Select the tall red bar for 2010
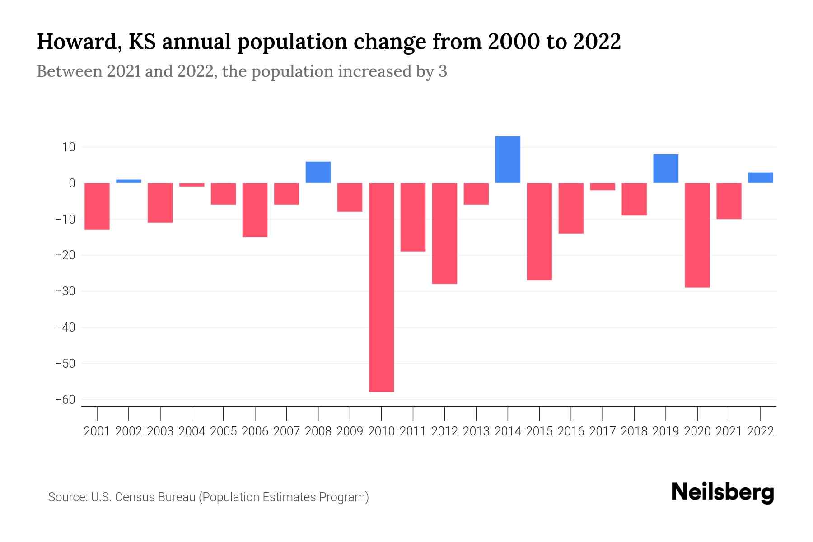click(381, 287)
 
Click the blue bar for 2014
click(508, 159)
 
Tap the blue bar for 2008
click(318, 172)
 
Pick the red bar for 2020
click(697, 235)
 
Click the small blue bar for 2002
click(129, 181)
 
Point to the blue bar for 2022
click(760, 178)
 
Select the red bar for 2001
click(97, 206)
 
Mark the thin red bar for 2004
click(192, 185)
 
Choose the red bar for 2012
click(444, 233)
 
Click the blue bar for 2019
click(665, 168)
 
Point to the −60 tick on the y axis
click(65, 400)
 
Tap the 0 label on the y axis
click(72, 183)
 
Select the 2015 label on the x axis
click(539, 431)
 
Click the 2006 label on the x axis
click(255, 431)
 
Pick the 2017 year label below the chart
click(602, 431)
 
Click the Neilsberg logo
click(722, 492)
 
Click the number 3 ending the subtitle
click(443, 71)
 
